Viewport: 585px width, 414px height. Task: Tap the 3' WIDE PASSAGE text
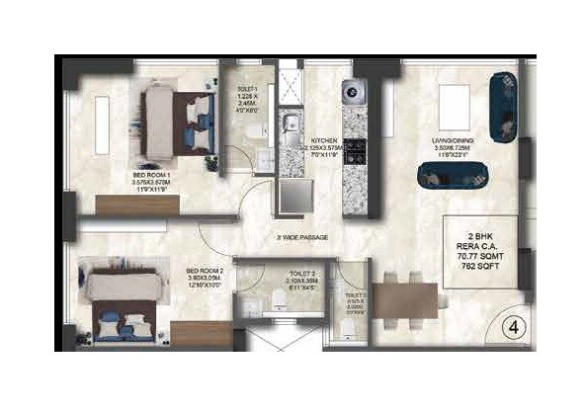tap(302, 238)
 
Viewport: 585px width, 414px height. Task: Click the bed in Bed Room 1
tap(177, 118)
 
